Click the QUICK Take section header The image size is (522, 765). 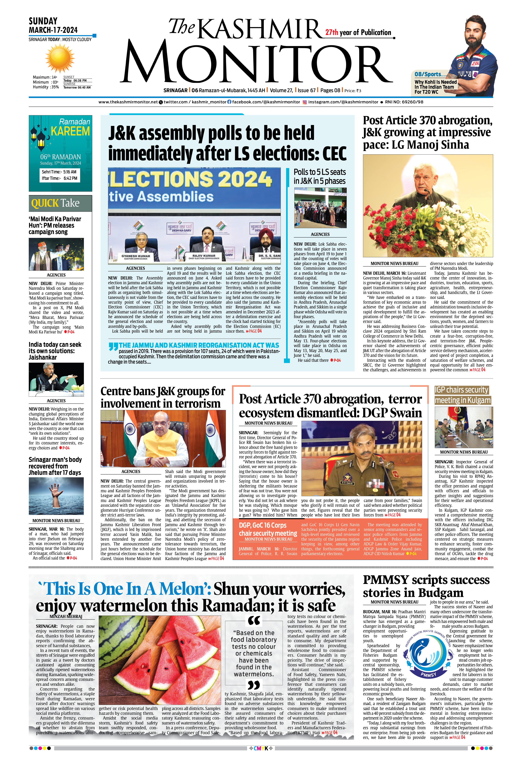55,203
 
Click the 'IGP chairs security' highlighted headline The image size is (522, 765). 462,390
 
